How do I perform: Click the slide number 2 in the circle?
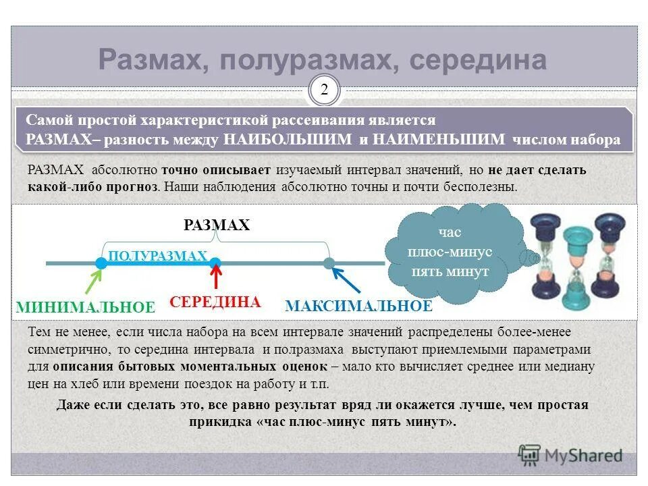(324, 90)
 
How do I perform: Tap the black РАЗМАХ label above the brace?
(217, 225)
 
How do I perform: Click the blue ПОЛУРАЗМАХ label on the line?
(157, 256)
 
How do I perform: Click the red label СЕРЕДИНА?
(215, 302)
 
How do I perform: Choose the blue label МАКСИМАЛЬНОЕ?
(358, 306)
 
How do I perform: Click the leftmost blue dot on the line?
(101, 263)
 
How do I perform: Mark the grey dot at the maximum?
(329, 263)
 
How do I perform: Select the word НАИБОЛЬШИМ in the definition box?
(288, 140)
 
